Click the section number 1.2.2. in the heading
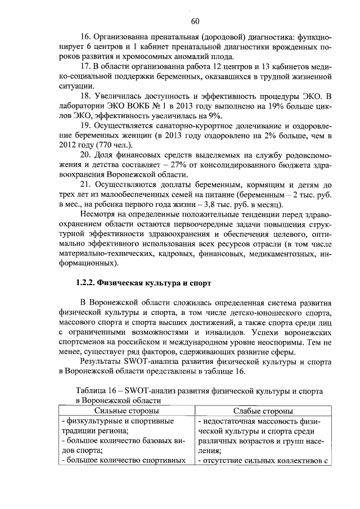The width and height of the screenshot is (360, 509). tap(88, 282)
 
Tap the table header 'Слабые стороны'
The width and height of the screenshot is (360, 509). tap(262, 412)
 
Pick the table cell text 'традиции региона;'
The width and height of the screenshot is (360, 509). tap(94, 431)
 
